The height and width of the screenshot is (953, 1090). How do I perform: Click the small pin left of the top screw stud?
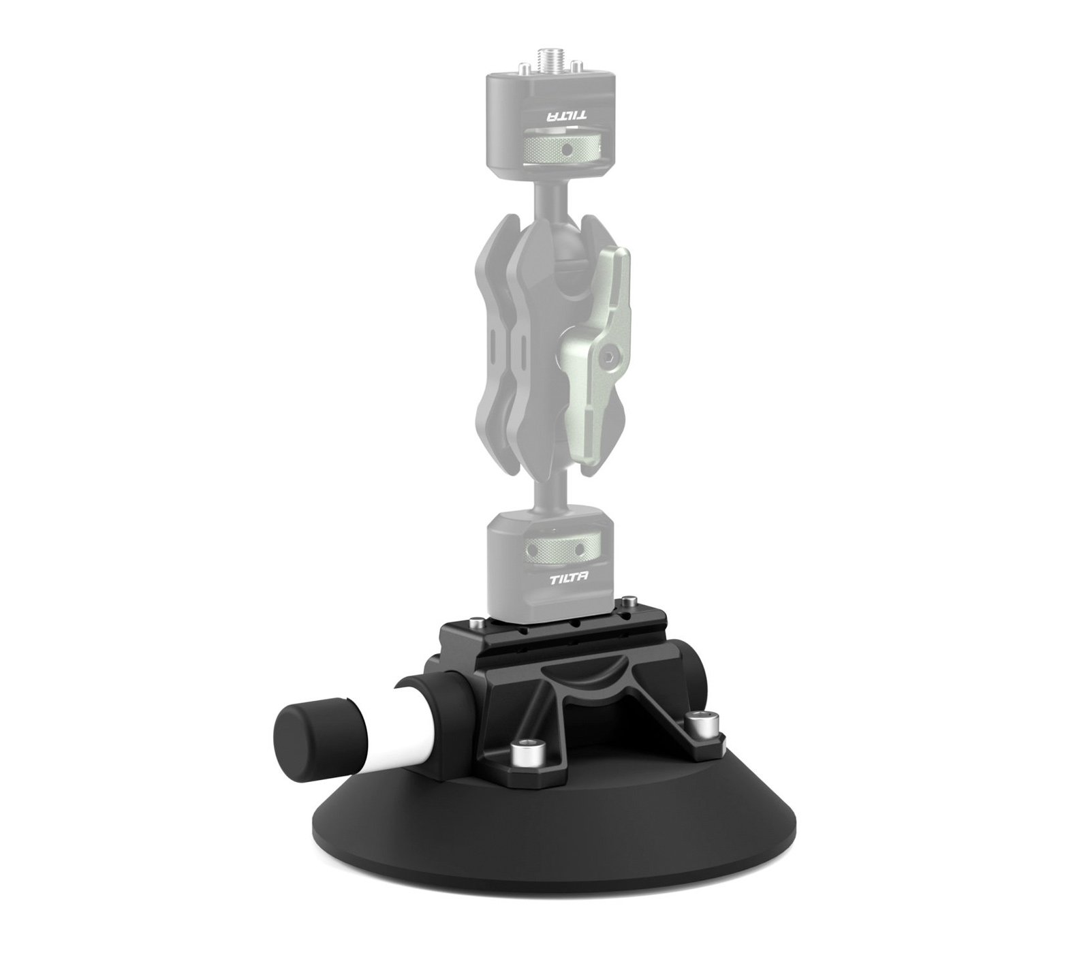click(524, 67)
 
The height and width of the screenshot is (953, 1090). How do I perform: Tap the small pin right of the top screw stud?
click(576, 66)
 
